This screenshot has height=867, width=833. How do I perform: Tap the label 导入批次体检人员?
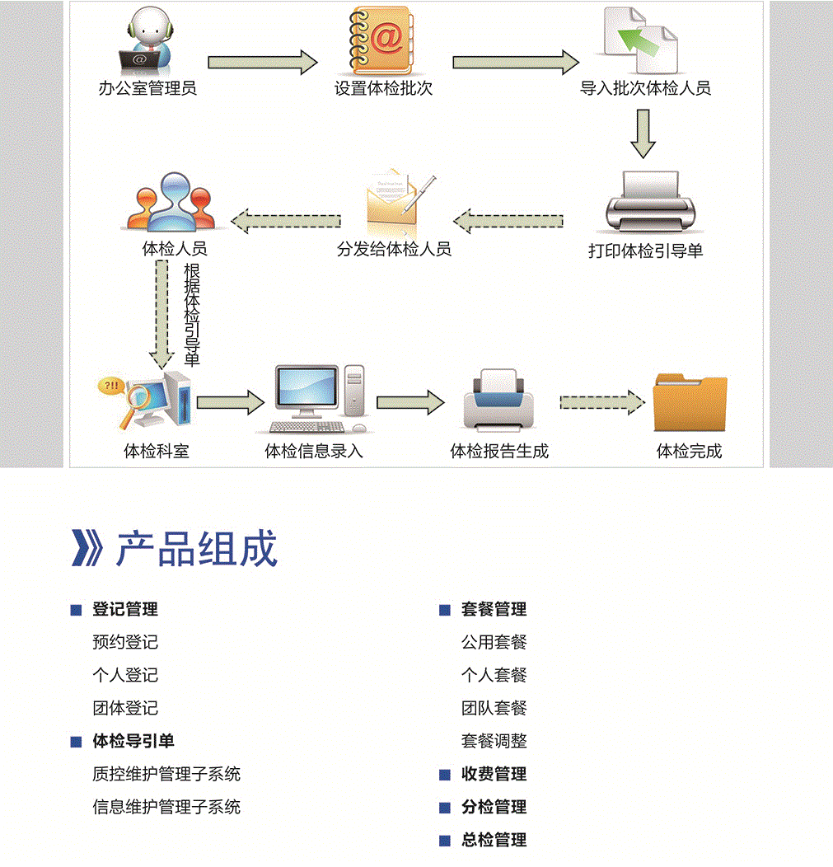645,88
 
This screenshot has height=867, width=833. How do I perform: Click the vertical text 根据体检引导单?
191,315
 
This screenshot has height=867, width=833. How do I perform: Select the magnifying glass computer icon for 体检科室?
145,401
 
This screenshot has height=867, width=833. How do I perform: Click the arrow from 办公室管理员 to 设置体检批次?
262,62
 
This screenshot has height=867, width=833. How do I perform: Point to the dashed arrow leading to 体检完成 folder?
601,401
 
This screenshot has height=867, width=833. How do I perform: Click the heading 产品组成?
197,549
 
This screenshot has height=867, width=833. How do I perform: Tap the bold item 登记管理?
125,610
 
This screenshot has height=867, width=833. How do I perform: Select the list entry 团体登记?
125,709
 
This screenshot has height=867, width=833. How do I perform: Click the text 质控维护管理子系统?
166,775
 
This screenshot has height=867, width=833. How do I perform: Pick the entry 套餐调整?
494,742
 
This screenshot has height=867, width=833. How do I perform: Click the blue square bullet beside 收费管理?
445,775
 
